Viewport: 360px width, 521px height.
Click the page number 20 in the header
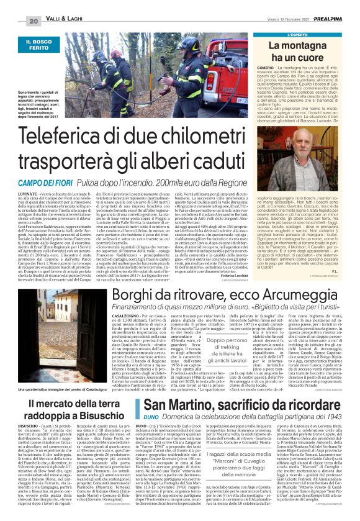pyautogui.click(x=16, y=21)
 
